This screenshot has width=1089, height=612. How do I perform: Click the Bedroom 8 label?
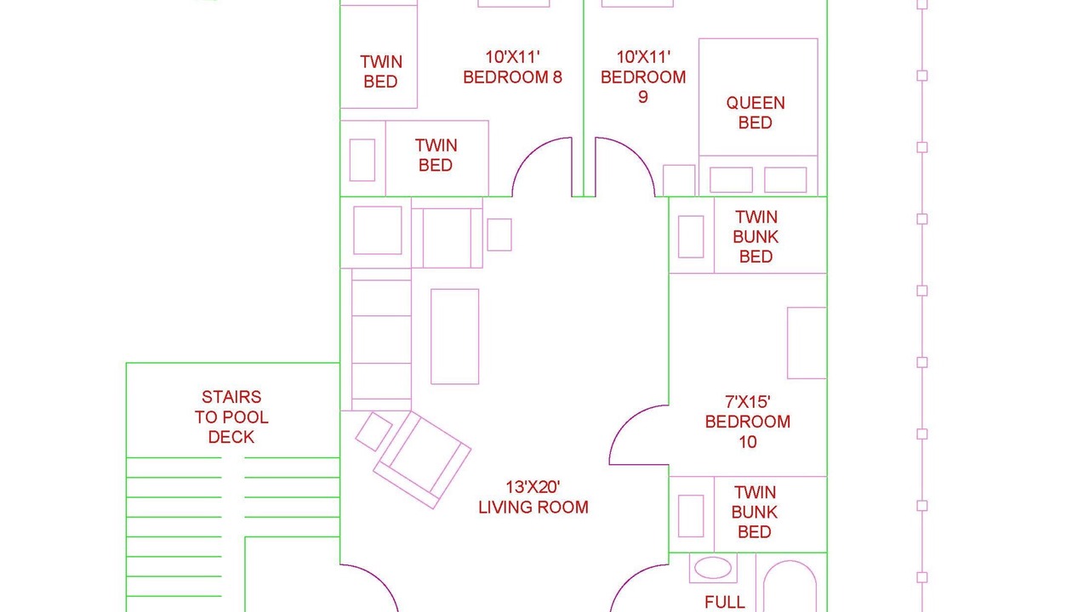[512, 67]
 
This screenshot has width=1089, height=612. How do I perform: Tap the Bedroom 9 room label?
[643, 76]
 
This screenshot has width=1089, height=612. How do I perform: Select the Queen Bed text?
[755, 113]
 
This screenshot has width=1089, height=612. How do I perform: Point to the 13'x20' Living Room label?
[533, 497]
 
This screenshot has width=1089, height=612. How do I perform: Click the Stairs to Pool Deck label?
[231, 416]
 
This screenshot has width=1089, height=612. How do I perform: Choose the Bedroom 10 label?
[748, 422]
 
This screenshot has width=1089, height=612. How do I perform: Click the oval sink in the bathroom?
[713, 568]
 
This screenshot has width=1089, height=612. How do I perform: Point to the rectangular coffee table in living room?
[454, 337]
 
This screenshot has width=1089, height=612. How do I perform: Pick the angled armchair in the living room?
[421, 460]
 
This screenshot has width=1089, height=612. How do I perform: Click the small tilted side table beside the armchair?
[373, 431]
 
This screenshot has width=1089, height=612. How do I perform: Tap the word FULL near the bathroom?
[724, 603]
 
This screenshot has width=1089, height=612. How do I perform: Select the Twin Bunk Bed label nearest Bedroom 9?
[755, 236]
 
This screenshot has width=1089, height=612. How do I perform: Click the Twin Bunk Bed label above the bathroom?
[755, 512]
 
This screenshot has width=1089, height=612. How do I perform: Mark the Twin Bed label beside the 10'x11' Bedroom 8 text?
[380, 71]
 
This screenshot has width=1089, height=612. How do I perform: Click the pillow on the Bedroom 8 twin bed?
[362, 161]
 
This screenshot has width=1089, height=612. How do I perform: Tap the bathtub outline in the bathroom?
[790, 586]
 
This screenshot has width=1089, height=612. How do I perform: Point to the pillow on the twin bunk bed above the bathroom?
[691, 516]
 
